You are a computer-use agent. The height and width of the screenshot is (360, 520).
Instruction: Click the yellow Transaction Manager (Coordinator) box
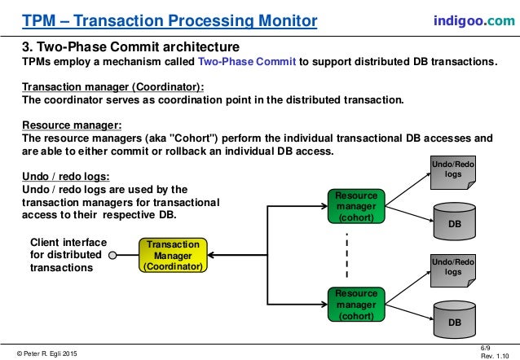point(172,255)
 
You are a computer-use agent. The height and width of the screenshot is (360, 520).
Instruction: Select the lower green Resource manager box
point(355,304)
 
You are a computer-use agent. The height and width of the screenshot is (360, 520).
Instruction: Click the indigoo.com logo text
point(473,19)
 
